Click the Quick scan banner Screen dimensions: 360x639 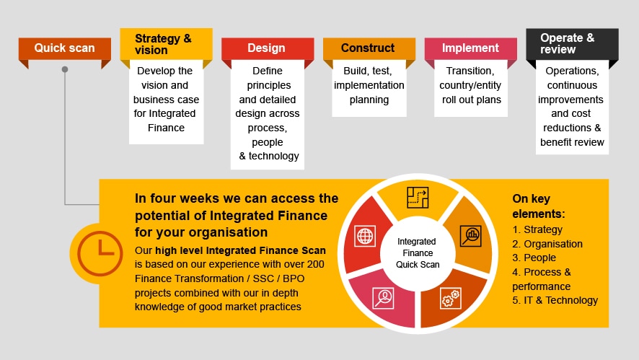(65, 48)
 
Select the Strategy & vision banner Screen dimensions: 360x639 (166, 44)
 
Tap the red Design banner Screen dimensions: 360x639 (268, 48)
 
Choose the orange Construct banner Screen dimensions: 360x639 (369, 48)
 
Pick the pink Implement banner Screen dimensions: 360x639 (470, 48)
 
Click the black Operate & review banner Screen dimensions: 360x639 (572, 44)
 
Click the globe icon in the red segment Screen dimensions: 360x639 (365, 237)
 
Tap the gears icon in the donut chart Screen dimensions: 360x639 (451, 297)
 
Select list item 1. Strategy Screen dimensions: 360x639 (537, 229)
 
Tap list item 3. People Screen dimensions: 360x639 (534, 258)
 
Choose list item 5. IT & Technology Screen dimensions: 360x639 (555, 300)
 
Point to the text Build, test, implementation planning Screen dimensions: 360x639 (369, 85)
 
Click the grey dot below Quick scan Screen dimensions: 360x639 (65, 69)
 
